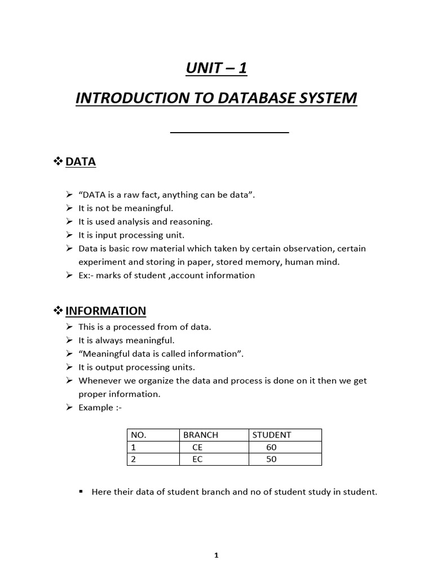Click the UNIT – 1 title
(216, 69)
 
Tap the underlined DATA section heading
(81, 162)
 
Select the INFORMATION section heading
(105, 310)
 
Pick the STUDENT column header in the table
(272, 435)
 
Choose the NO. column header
(138, 435)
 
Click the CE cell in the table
(197, 447)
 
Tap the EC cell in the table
(197, 459)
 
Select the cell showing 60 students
(271, 447)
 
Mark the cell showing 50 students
(271, 459)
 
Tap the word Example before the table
(95, 408)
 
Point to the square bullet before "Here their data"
(81, 492)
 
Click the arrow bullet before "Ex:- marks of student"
(69, 275)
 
